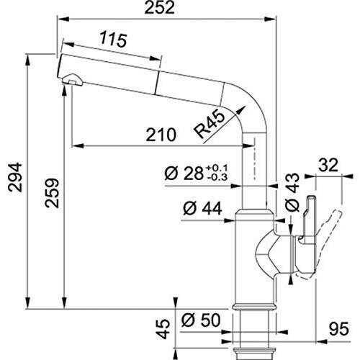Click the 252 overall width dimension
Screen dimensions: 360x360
[160, 7]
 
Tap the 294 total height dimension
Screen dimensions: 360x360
[15, 177]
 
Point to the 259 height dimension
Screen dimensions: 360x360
[52, 193]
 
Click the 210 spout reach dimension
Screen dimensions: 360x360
[161, 135]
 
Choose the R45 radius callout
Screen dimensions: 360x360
[210, 124]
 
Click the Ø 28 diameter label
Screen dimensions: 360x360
[184, 173]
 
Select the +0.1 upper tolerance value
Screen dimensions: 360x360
[217, 168]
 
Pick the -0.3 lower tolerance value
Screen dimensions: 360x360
[217, 177]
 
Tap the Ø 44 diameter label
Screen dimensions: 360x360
[202, 208]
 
